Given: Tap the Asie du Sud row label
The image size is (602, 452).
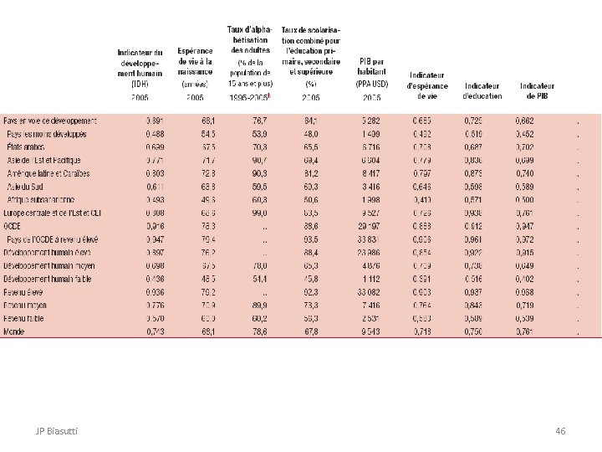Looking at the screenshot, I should (28, 187).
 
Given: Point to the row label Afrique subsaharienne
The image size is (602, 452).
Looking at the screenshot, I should (40, 200).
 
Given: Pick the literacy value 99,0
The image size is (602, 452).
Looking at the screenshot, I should (258, 213).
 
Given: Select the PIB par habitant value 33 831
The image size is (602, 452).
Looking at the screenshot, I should (367, 238).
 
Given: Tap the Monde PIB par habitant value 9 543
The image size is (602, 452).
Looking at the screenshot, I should (371, 331).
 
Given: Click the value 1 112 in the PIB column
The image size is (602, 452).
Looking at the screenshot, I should (372, 278).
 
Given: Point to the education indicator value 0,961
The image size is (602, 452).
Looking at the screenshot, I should (473, 238).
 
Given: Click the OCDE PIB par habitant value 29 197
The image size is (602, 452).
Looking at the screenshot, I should (367, 226).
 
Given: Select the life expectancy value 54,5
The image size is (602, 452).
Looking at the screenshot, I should (208, 132).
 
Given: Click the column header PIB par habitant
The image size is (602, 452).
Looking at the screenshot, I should (371, 66).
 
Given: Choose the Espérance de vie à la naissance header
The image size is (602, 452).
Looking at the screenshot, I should (195, 66).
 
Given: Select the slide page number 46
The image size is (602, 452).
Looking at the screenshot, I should (560, 430).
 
